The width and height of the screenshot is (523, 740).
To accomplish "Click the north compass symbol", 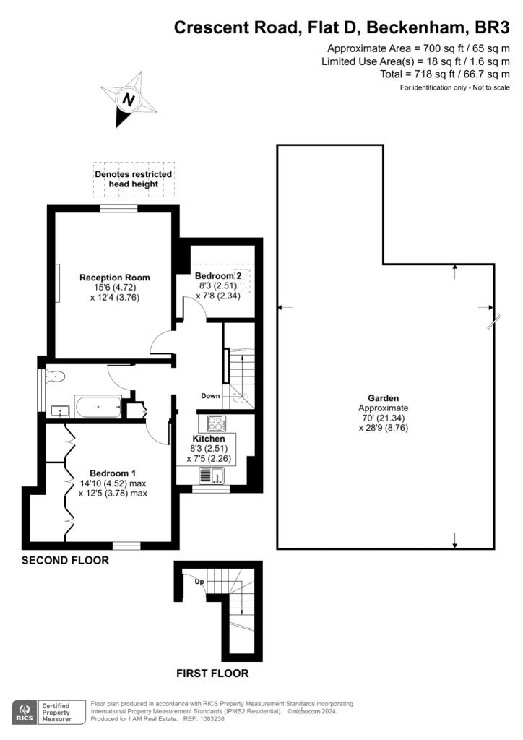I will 129,100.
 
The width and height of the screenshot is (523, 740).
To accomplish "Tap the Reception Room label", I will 115,277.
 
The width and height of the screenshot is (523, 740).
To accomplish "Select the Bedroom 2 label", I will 218,276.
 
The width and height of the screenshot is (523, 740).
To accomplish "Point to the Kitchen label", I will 209,439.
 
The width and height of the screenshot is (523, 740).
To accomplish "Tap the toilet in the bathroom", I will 58,376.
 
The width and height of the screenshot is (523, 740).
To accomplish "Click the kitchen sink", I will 212,476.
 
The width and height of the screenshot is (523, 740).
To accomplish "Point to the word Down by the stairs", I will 210,396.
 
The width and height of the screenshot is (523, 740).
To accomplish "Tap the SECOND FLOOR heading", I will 65,560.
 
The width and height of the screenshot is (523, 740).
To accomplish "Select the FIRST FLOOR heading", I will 212,674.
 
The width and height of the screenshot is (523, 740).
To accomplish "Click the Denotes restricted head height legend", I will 134,179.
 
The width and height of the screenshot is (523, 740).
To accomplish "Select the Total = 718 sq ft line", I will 444,74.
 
